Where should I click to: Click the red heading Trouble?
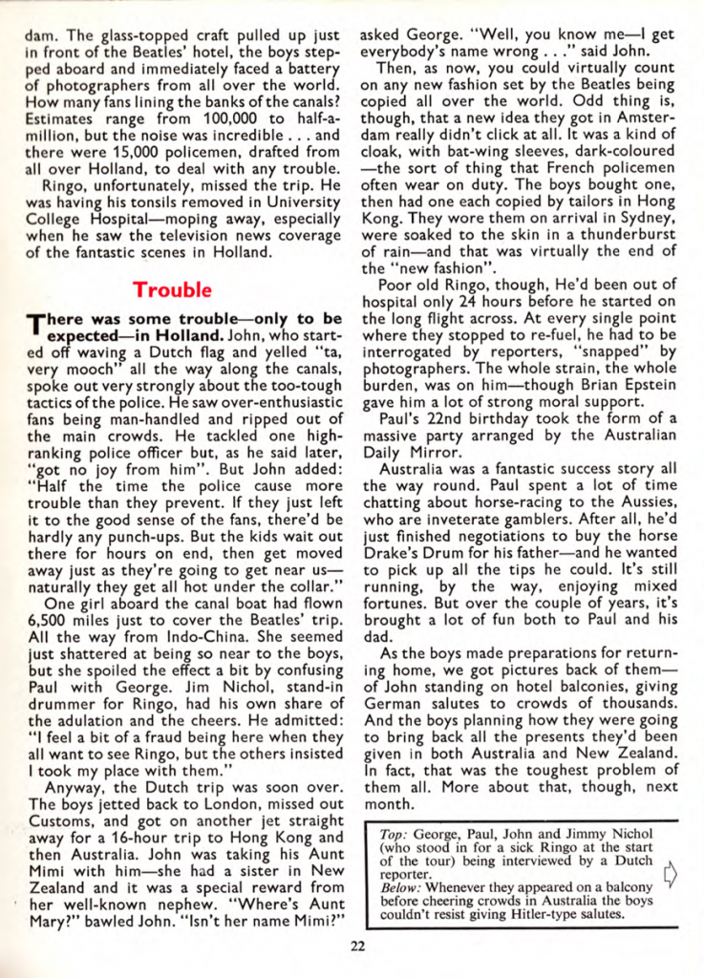(173, 287)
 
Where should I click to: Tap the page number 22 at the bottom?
(356, 946)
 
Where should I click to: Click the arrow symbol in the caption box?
(669, 873)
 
